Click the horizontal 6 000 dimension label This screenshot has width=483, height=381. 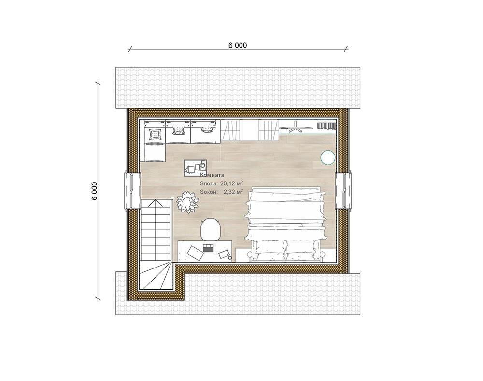tap(238, 45)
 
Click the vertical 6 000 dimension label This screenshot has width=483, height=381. tap(94, 191)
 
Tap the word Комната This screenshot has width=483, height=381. tap(212, 175)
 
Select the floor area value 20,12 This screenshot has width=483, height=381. tap(227, 183)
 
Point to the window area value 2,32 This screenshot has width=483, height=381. tap(229, 192)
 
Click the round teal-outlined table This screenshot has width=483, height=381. tap(327, 157)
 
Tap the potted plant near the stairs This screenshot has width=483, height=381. tap(187, 202)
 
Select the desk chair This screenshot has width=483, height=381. tap(211, 229)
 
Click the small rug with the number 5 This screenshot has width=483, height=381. tap(195, 168)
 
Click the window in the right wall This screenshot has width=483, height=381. tap(343, 191)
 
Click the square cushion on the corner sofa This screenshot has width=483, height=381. tap(155, 134)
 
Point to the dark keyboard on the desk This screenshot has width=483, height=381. tap(209, 248)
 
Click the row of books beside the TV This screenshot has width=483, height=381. tap(327, 126)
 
